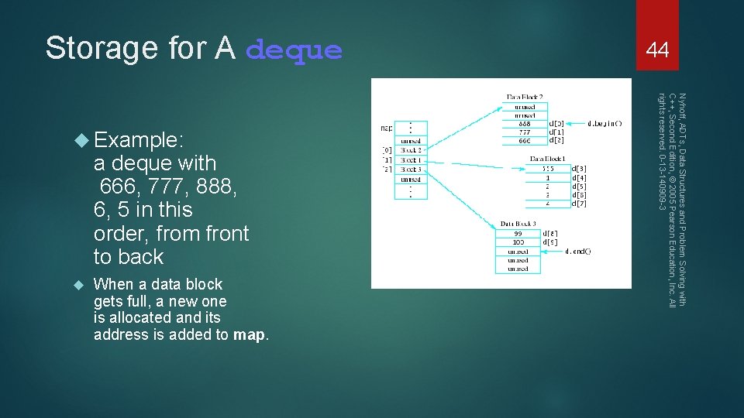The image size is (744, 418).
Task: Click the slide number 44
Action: [657, 50]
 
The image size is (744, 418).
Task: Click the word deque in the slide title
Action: [294, 50]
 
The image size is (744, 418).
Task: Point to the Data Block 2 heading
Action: [525, 96]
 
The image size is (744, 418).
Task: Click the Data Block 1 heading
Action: [547, 159]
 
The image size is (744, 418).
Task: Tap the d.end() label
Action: [577, 251]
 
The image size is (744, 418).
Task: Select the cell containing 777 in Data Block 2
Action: [525, 132]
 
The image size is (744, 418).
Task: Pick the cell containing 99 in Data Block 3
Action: [517, 233]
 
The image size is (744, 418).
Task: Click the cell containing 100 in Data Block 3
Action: [517, 242]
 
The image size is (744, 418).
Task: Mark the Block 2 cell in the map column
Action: [410, 151]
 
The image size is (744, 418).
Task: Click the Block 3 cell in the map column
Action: [410, 170]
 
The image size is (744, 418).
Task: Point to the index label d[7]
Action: [578, 204]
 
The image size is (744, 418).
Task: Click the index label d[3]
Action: [578, 168]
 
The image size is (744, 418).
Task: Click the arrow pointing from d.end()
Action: [552, 251]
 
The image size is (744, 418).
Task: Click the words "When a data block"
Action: [158, 284]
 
